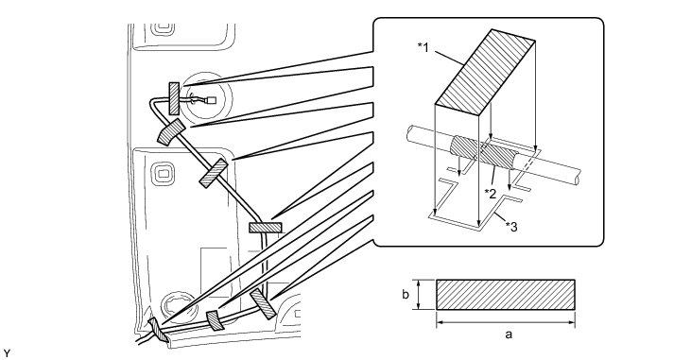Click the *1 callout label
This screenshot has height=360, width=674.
point(423,47)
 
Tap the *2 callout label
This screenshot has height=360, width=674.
point(491,194)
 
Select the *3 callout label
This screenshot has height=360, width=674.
point(511,226)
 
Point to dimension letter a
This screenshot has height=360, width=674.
point(509,334)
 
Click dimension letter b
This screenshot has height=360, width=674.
point(406,295)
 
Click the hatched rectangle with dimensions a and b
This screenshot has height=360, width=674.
point(506,295)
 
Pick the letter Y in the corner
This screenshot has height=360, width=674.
point(7,353)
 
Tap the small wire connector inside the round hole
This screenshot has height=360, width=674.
point(211,101)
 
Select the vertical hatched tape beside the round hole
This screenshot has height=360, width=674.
point(174,99)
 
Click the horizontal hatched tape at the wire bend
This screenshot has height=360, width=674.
point(266,228)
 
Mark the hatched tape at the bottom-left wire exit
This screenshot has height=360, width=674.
point(159,330)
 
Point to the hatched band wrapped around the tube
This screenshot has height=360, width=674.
point(484,152)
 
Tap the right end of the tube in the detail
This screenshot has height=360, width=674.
point(578,178)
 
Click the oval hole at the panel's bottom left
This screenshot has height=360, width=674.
point(177,304)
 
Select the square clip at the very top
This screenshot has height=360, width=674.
point(162,28)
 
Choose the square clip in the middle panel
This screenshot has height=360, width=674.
point(163,175)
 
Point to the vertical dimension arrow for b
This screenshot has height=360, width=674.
point(418,295)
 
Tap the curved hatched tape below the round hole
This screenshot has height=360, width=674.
point(171,132)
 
